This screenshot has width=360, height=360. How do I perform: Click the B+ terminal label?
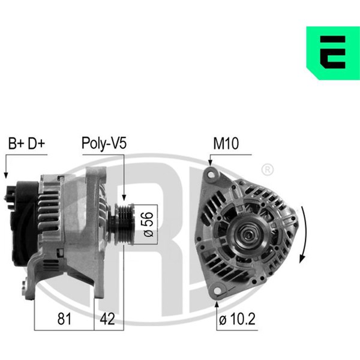[x=16, y=143]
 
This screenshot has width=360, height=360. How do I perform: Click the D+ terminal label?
[x=36, y=143]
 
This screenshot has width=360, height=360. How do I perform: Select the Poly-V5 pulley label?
[x=104, y=143]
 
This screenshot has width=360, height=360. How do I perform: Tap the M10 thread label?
[x=226, y=143]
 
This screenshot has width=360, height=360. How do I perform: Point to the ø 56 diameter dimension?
[x=149, y=224]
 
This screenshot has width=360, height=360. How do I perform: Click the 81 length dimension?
[x=64, y=319]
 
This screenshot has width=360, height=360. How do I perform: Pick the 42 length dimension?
[x=107, y=319]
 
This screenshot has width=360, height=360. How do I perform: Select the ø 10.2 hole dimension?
[x=237, y=319]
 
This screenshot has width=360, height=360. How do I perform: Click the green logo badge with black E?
[x=333, y=53]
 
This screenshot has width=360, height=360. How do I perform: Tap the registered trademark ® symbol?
[x=268, y=170]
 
